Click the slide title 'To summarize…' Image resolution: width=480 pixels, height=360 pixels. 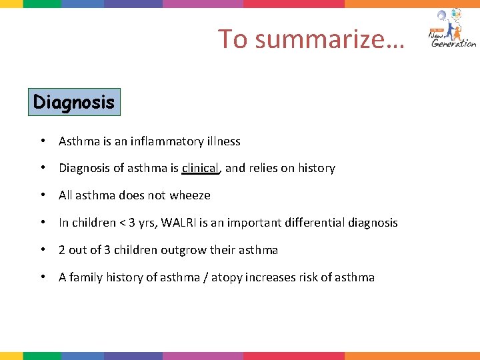pos(311,39)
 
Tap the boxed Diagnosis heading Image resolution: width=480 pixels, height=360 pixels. pos(74,103)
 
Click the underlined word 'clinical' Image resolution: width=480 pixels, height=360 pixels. pos(200,168)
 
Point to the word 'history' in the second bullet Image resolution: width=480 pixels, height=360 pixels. pos(316,168)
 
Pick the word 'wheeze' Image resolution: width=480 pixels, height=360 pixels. pos(190,195)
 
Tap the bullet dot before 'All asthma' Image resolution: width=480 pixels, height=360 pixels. pos(42,195)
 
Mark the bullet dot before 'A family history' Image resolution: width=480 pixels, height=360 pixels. pos(42,277)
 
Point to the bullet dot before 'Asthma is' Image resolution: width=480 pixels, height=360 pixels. pos(42,141)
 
